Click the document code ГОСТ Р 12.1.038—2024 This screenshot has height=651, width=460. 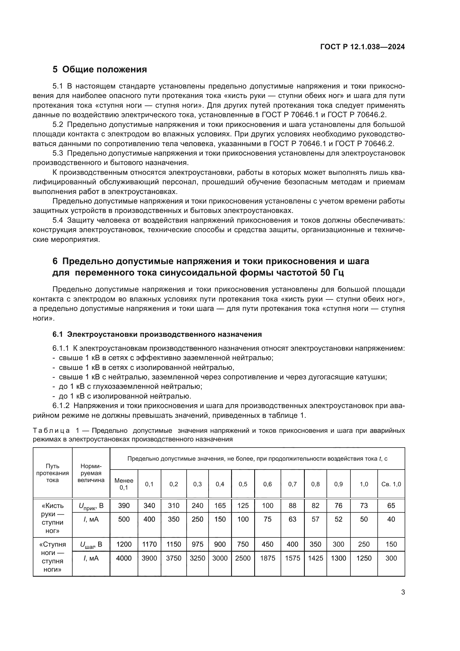coord(362,47)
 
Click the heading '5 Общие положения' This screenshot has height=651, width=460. coord(100,69)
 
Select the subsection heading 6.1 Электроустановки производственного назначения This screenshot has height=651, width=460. coord(157,334)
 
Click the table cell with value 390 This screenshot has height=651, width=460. coord(124,505)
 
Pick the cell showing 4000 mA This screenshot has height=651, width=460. coord(124,558)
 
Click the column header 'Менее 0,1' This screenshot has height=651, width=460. coord(124,484)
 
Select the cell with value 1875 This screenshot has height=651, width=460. coord(267,558)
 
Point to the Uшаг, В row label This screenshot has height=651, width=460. coord(91,544)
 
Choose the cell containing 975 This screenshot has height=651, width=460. coord(197,544)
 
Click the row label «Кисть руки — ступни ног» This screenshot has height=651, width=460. coord(52,518)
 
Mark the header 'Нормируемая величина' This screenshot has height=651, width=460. coord(91,473)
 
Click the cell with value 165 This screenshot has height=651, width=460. coord(220,505)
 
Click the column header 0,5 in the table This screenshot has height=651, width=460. coord(243,484)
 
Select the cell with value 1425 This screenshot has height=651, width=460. coord(315,558)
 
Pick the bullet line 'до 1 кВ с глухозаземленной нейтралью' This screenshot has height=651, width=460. coord(130,387)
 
